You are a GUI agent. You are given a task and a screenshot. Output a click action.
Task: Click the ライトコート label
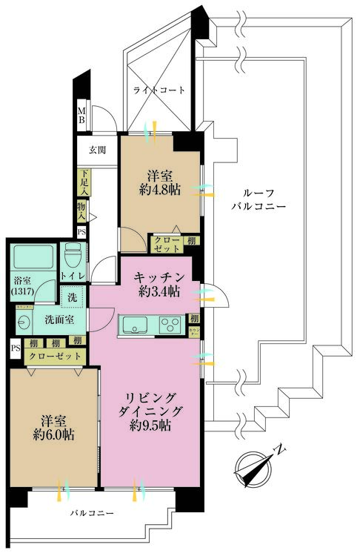click(x=159, y=90)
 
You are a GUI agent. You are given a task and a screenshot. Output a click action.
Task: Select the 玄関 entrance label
click(x=97, y=150)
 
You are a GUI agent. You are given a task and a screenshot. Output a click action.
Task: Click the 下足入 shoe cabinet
click(x=84, y=182)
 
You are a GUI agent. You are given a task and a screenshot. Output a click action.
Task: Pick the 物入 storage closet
click(x=81, y=212)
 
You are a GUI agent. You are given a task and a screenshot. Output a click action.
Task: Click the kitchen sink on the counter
click(x=137, y=324)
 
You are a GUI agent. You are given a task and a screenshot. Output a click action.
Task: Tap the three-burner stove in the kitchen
click(x=169, y=324)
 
